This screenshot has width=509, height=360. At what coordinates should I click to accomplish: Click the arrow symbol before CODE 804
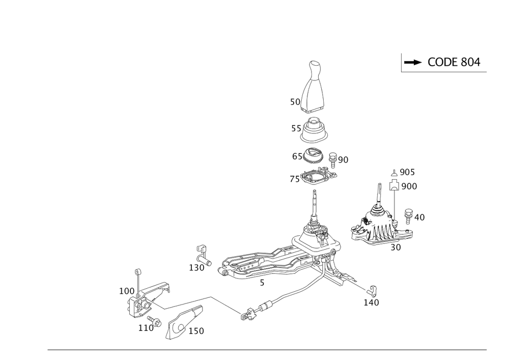412,63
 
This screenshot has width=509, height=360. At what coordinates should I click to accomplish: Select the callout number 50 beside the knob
294,102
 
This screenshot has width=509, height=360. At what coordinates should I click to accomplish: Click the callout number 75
295,179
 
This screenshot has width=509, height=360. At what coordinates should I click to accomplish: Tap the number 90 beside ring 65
343,160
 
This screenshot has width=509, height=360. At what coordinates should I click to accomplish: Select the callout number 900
409,186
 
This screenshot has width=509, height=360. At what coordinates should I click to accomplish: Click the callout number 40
418,218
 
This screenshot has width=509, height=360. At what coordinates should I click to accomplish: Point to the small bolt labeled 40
408,214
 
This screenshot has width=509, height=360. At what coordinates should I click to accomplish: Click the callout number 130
196,267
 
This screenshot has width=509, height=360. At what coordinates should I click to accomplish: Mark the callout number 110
146,329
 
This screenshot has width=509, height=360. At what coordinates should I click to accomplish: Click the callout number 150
196,331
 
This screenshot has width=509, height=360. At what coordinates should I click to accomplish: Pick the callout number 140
372,302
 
